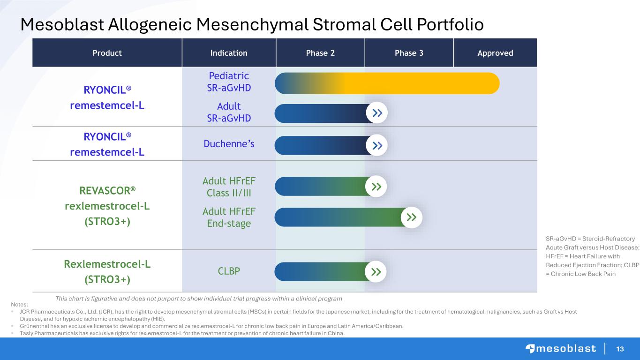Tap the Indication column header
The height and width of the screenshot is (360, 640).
pos(229,53)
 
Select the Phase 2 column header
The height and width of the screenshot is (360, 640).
pos(320,53)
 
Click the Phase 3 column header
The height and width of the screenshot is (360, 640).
pos(409,53)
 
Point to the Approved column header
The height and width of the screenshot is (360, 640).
pos(495,53)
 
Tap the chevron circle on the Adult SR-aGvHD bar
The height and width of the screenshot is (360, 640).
pos(377,113)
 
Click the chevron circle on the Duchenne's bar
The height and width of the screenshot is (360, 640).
pos(377,145)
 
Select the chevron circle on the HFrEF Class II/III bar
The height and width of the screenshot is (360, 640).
pos(376,187)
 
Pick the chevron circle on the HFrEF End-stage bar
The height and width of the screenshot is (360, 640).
pos(412,217)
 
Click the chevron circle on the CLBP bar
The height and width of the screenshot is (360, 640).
pos(376,272)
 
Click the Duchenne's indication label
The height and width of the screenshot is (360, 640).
pos(229,144)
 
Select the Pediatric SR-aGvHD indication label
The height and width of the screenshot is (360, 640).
pos(229,82)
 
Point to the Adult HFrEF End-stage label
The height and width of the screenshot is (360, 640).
pos(229,217)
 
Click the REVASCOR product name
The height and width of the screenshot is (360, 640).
pos(107,190)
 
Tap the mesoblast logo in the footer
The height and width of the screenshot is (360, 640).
pos(561,349)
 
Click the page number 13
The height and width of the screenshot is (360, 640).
pos(620,349)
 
